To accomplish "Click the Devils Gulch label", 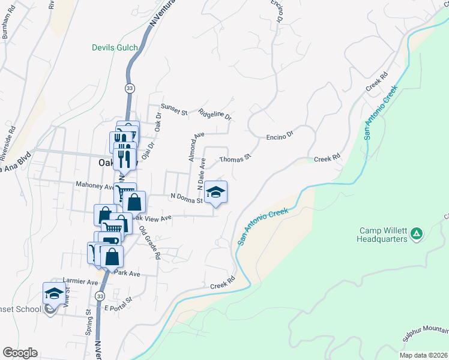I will pyautogui.click(x=115, y=47).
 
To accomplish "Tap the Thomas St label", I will pyautogui.click(x=234, y=160).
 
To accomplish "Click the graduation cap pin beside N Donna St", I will pyautogui.click(x=216, y=193).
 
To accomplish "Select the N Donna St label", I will pyautogui.click(x=187, y=197).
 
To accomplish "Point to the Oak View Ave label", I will pyautogui.click(x=153, y=218).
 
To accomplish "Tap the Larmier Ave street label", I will pyautogui.click(x=80, y=281).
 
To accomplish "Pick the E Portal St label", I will pyautogui.click(x=118, y=307).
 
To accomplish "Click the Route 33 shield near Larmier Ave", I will pyautogui.click(x=100, y=296).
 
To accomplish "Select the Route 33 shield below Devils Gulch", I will pyautogui.click(x=129, y=88).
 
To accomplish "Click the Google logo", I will pyautogui.click(x=20, y=353).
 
